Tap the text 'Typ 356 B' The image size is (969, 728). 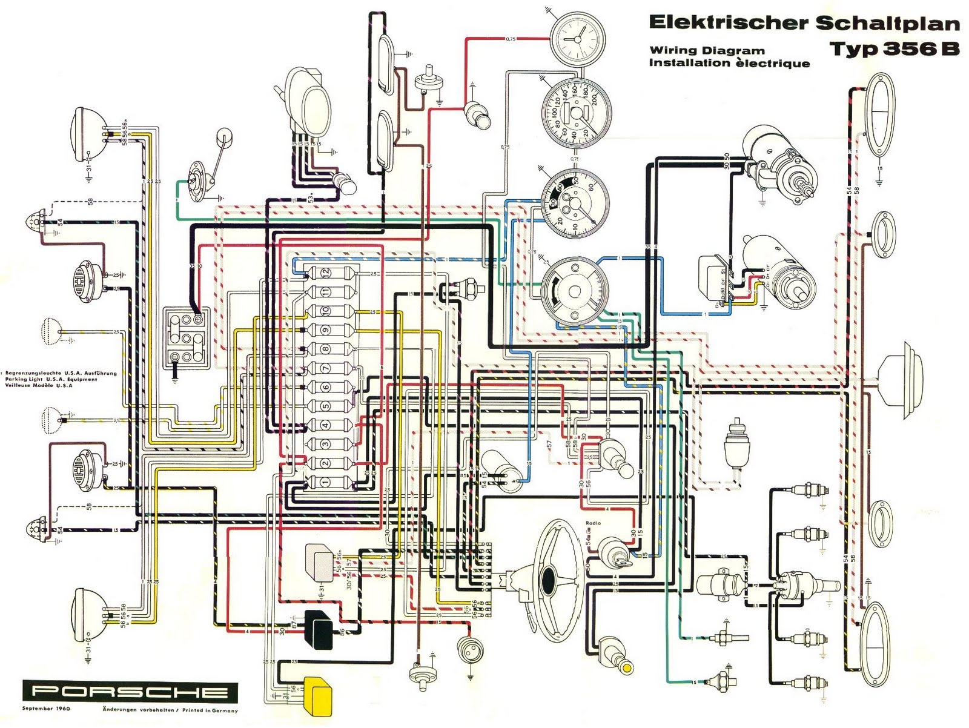(x=894, y=48)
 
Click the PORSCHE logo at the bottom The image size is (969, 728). (x=130, y=692)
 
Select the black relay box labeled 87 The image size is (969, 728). (x=319, y=630)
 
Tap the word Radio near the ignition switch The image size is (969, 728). (x=593, y=523)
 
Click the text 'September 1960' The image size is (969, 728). (x=46, y=709)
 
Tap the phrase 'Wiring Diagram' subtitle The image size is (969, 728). (x=707, y=51)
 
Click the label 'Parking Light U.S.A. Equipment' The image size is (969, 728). (x=51, y=380)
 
